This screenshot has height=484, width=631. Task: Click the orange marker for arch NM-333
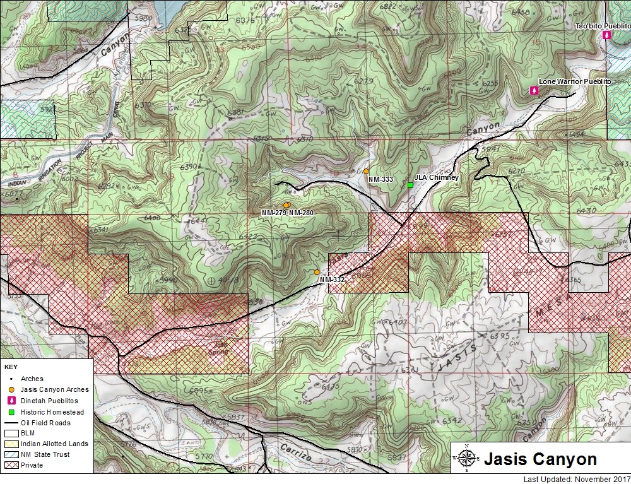366,171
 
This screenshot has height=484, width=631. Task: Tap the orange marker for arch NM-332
317,272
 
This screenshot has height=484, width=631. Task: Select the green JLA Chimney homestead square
410,185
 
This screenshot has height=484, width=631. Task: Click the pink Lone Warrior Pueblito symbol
534,91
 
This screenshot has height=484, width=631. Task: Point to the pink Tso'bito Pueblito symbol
606,36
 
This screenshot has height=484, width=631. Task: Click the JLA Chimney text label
437,178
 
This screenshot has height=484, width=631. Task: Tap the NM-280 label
301,213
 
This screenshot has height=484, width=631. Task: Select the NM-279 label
274,213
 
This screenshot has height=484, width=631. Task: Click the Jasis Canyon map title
540,459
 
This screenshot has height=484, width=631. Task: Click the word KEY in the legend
11,366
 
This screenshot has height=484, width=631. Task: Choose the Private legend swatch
11,466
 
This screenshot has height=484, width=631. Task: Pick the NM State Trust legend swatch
11,455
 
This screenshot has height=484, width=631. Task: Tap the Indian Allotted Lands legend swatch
11,444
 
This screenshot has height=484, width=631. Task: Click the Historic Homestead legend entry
48,411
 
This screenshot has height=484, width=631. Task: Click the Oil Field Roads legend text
45,423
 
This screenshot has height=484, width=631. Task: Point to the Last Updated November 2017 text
577,479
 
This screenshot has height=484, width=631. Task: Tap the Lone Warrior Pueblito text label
575,82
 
